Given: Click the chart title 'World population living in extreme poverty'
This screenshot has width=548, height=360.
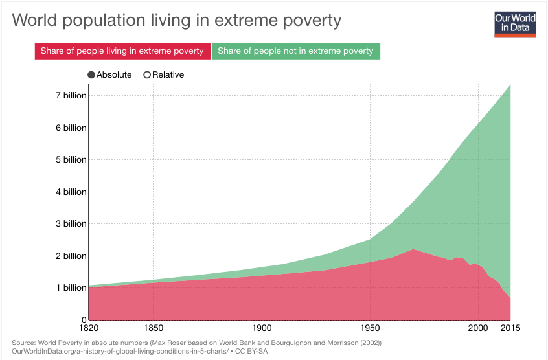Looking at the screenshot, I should tap(176, 20).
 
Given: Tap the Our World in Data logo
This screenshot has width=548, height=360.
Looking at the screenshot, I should tap(515, 23).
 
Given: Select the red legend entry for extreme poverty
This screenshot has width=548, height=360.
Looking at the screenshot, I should tap(122, 51).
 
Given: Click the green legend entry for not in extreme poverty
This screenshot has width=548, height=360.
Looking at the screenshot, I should tap(296, 51).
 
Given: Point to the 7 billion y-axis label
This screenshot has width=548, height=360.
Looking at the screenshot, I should tap(71, 96).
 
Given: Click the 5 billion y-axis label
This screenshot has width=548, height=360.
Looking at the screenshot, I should tap(71, 160).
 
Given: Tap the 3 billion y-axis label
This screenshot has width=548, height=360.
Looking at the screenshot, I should tap(71, 224).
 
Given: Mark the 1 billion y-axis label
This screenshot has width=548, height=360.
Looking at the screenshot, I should tap(71, 288).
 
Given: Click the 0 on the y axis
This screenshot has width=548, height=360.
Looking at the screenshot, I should tap(84, 320).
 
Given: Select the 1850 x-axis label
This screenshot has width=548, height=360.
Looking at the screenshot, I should tap(153, 329).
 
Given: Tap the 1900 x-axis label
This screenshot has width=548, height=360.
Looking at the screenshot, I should tap(262, 329).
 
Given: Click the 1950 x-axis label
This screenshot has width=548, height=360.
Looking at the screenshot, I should tap(370, 329).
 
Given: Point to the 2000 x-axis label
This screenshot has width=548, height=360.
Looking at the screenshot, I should tap(478, 329).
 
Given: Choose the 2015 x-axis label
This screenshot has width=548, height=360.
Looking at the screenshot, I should tap(510, 329).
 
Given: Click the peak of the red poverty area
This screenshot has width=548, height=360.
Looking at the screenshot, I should tap(413, 250).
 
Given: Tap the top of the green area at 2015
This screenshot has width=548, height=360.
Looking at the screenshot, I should tap(510, 85).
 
